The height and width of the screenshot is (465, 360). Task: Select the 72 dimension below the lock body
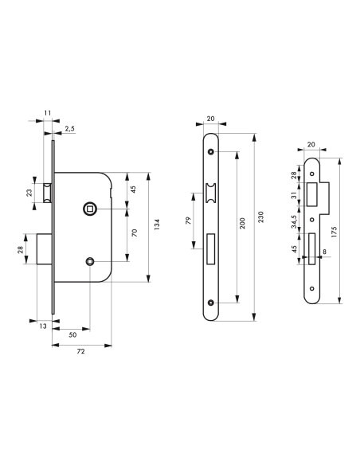click(81, 350)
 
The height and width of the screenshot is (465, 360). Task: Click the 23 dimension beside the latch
click(29, 192)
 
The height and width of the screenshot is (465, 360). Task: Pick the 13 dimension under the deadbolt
click(43, 327)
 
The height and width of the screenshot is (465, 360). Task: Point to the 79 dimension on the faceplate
click(188, 220)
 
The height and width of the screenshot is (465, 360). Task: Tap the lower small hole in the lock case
click(91, 262)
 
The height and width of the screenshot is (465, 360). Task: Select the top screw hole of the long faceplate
click(211, 151)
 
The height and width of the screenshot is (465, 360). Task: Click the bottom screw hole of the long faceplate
click(211, 303)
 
